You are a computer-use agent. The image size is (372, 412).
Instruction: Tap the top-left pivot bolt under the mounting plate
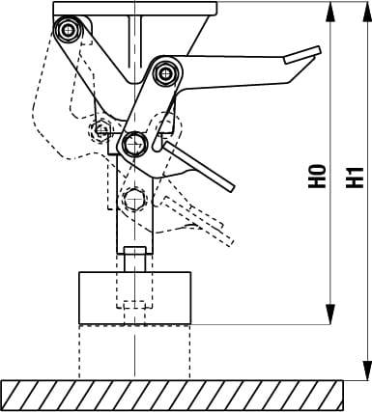pos(70,31)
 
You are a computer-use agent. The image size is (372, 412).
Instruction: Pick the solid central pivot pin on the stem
pos(132,144)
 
